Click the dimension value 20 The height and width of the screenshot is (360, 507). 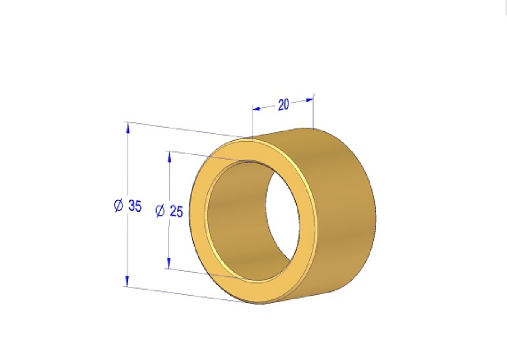click(x=283, y=105)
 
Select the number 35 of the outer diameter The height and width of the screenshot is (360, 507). click(x=135, y=206)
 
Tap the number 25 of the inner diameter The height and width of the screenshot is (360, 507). click(x=176, y=211)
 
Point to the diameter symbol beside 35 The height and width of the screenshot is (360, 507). click(x=119, y=205)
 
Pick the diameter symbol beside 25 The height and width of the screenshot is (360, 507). click(x=160, y=211)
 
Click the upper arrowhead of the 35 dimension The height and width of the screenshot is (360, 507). click(x=128, y=128)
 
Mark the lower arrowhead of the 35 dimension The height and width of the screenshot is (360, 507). click(x=128, y=281)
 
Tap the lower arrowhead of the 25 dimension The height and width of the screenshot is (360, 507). click(x=169, y=263)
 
